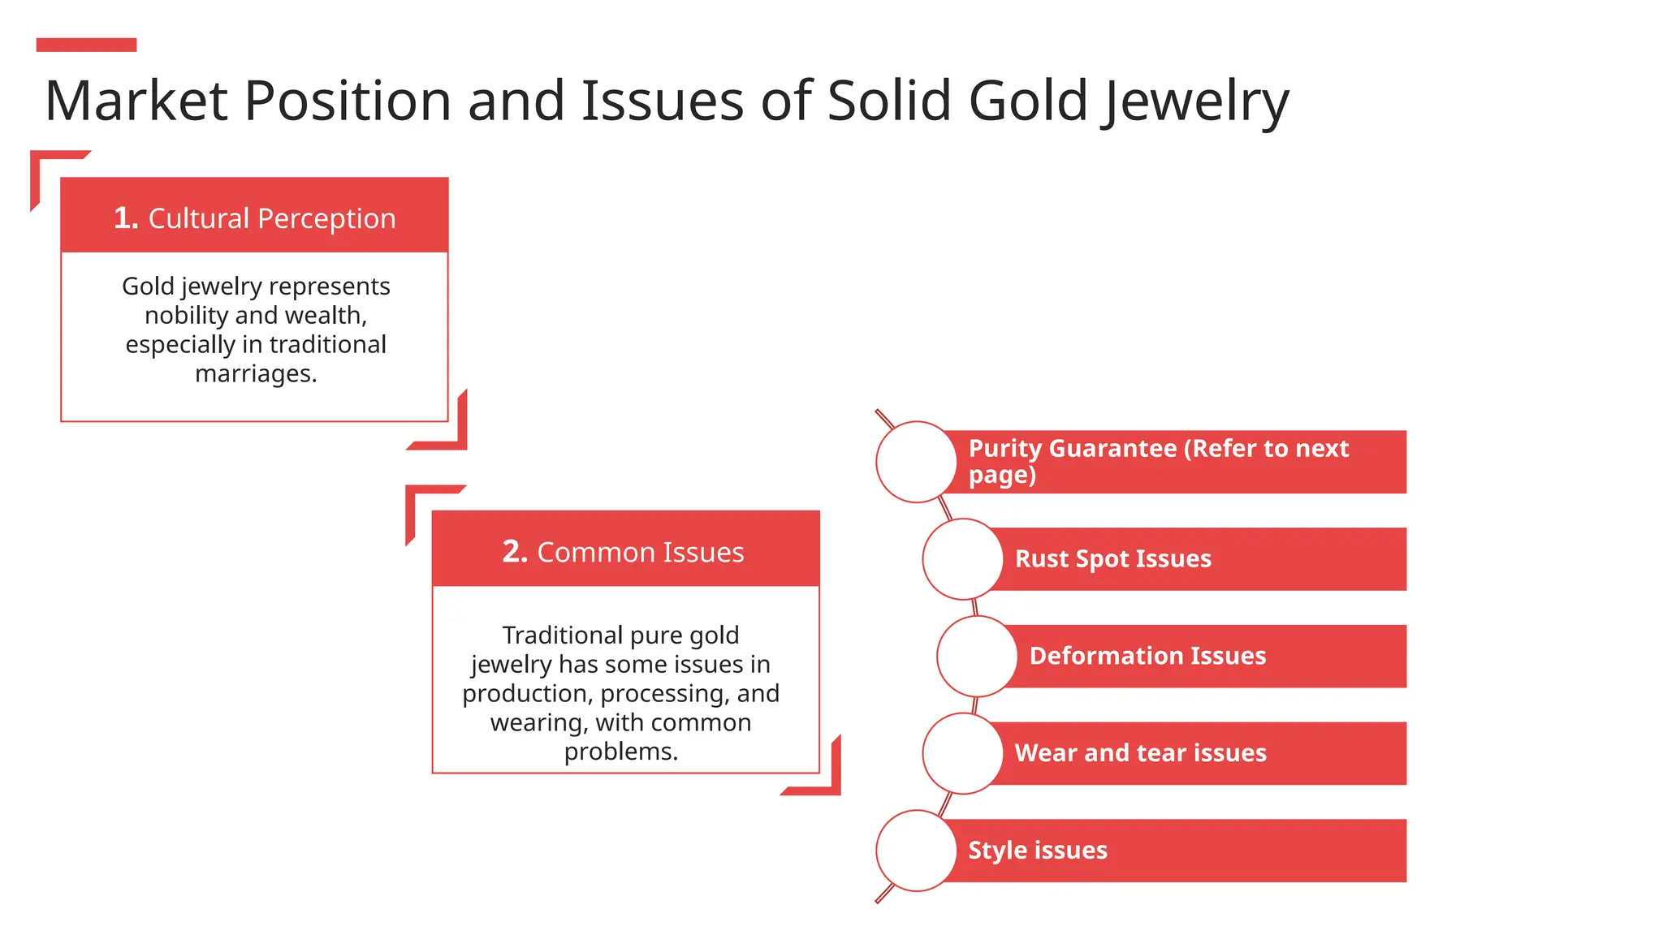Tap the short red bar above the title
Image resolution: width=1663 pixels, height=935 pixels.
86,45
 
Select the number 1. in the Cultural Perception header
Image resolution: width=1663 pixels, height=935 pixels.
126,218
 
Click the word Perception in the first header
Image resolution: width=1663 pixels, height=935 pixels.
326,219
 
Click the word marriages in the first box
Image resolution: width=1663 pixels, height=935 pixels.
255,373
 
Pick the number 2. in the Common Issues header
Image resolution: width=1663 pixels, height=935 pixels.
515,552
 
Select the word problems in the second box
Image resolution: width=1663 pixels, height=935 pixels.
620,752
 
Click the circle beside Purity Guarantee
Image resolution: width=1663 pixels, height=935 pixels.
916,462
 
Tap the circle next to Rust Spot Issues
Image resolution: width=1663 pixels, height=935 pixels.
962,559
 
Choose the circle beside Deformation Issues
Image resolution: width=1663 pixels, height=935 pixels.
977,656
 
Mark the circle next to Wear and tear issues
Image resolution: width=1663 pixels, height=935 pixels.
962,753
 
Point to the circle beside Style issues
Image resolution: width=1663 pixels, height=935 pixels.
916,851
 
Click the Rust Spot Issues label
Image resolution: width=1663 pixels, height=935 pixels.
1112,559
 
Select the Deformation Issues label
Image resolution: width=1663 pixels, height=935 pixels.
1147,656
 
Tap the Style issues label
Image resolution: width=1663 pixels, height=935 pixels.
1037,851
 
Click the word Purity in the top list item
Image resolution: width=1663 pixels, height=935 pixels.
1004,449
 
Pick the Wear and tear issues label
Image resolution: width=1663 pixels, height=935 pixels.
1140,753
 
